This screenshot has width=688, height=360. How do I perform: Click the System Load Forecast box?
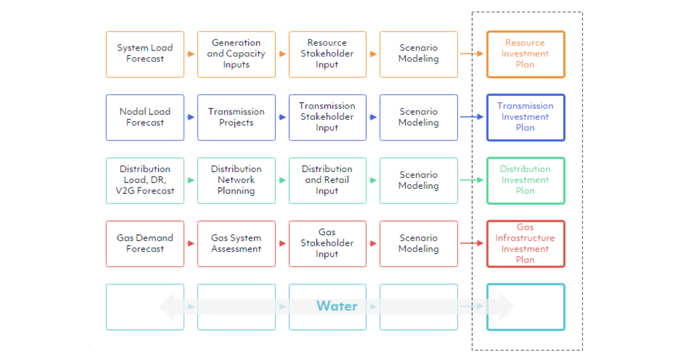(x=145, y=54)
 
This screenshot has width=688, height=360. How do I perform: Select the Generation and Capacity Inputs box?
(x=236, y=54)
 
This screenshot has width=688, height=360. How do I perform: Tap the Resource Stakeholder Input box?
(x=327, y=54)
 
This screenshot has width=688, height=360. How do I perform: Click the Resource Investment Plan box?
(x=525, y=54)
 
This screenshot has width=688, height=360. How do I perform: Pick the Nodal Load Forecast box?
(x=145, y=117)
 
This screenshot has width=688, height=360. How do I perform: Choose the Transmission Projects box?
(x=236, y=117)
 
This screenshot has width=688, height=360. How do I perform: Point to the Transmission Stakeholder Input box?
(x=327, y=117)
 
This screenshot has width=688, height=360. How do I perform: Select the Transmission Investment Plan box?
(x=525, y=117)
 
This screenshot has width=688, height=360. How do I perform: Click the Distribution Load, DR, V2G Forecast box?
(x=145, y=180)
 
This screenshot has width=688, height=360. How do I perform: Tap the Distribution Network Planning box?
(x=236, y=180)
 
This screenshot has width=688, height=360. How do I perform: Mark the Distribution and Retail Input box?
(x=327, y=180)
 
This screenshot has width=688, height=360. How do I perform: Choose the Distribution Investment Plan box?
(x=525, y=180)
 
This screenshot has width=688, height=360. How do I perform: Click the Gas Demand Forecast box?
(x=145, y=244)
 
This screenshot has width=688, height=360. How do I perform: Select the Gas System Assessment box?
(x=236, y=244)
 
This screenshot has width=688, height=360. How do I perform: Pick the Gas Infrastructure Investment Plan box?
(x=525, y=244)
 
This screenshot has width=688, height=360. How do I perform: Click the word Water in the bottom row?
(x=337, y=306)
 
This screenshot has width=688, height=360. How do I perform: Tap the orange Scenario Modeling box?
(x=419, y=54)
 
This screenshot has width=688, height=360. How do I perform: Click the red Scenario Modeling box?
(x=419, y=244)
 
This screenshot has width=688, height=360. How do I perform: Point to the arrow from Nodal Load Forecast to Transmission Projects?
(x=190, y=117)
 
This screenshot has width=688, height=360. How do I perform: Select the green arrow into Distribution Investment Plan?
(x=472, y=180)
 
